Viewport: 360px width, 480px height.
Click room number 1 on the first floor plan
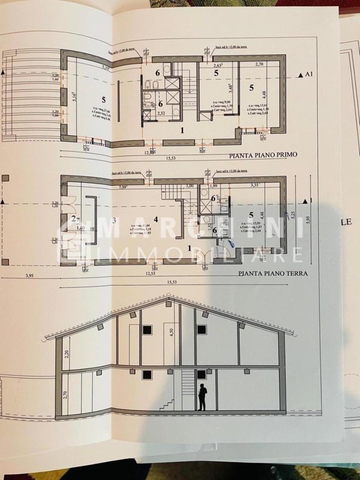tap(180, 129)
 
